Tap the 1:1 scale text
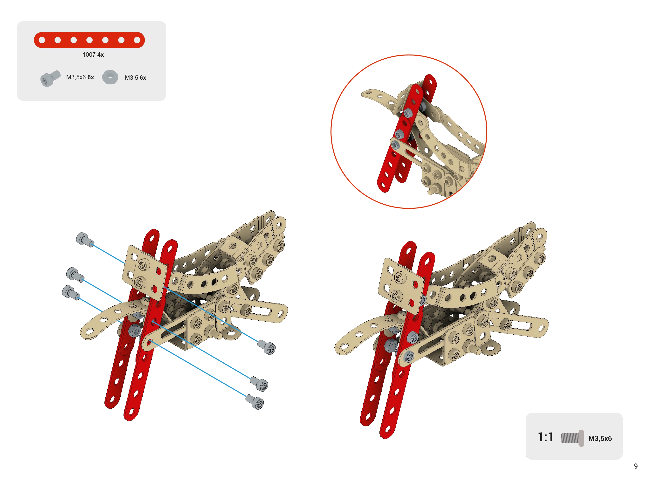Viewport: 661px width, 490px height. click(x=546, y=437)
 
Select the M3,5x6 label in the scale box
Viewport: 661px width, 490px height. click(x=600, y=438)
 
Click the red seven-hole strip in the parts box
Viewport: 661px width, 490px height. click(x=89, y=40)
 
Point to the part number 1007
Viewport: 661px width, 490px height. click(x=89, y=55)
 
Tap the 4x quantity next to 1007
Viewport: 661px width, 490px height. click(x=101, y=55)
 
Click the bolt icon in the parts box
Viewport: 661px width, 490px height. click(x=50, y=78)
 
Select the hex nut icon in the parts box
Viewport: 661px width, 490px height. click(x=110, y=77)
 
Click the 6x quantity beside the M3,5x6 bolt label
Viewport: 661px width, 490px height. click(x=91, y=77)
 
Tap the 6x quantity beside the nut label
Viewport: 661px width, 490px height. click(x=143, y=78)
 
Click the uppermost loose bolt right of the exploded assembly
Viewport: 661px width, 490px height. click(x=267, y=347)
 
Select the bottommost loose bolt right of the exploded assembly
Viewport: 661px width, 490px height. click(x=255, y=402)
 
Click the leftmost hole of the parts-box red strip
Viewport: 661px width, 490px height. click(x=42, y=40)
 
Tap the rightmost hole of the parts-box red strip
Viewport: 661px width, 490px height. click(x=137, y=40)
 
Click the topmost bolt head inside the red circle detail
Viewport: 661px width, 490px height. click(x=408, y=113)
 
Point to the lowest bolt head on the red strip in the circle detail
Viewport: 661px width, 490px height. click(x=395, y=145)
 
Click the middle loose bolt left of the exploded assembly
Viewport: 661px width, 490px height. click(x=75, y=274)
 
